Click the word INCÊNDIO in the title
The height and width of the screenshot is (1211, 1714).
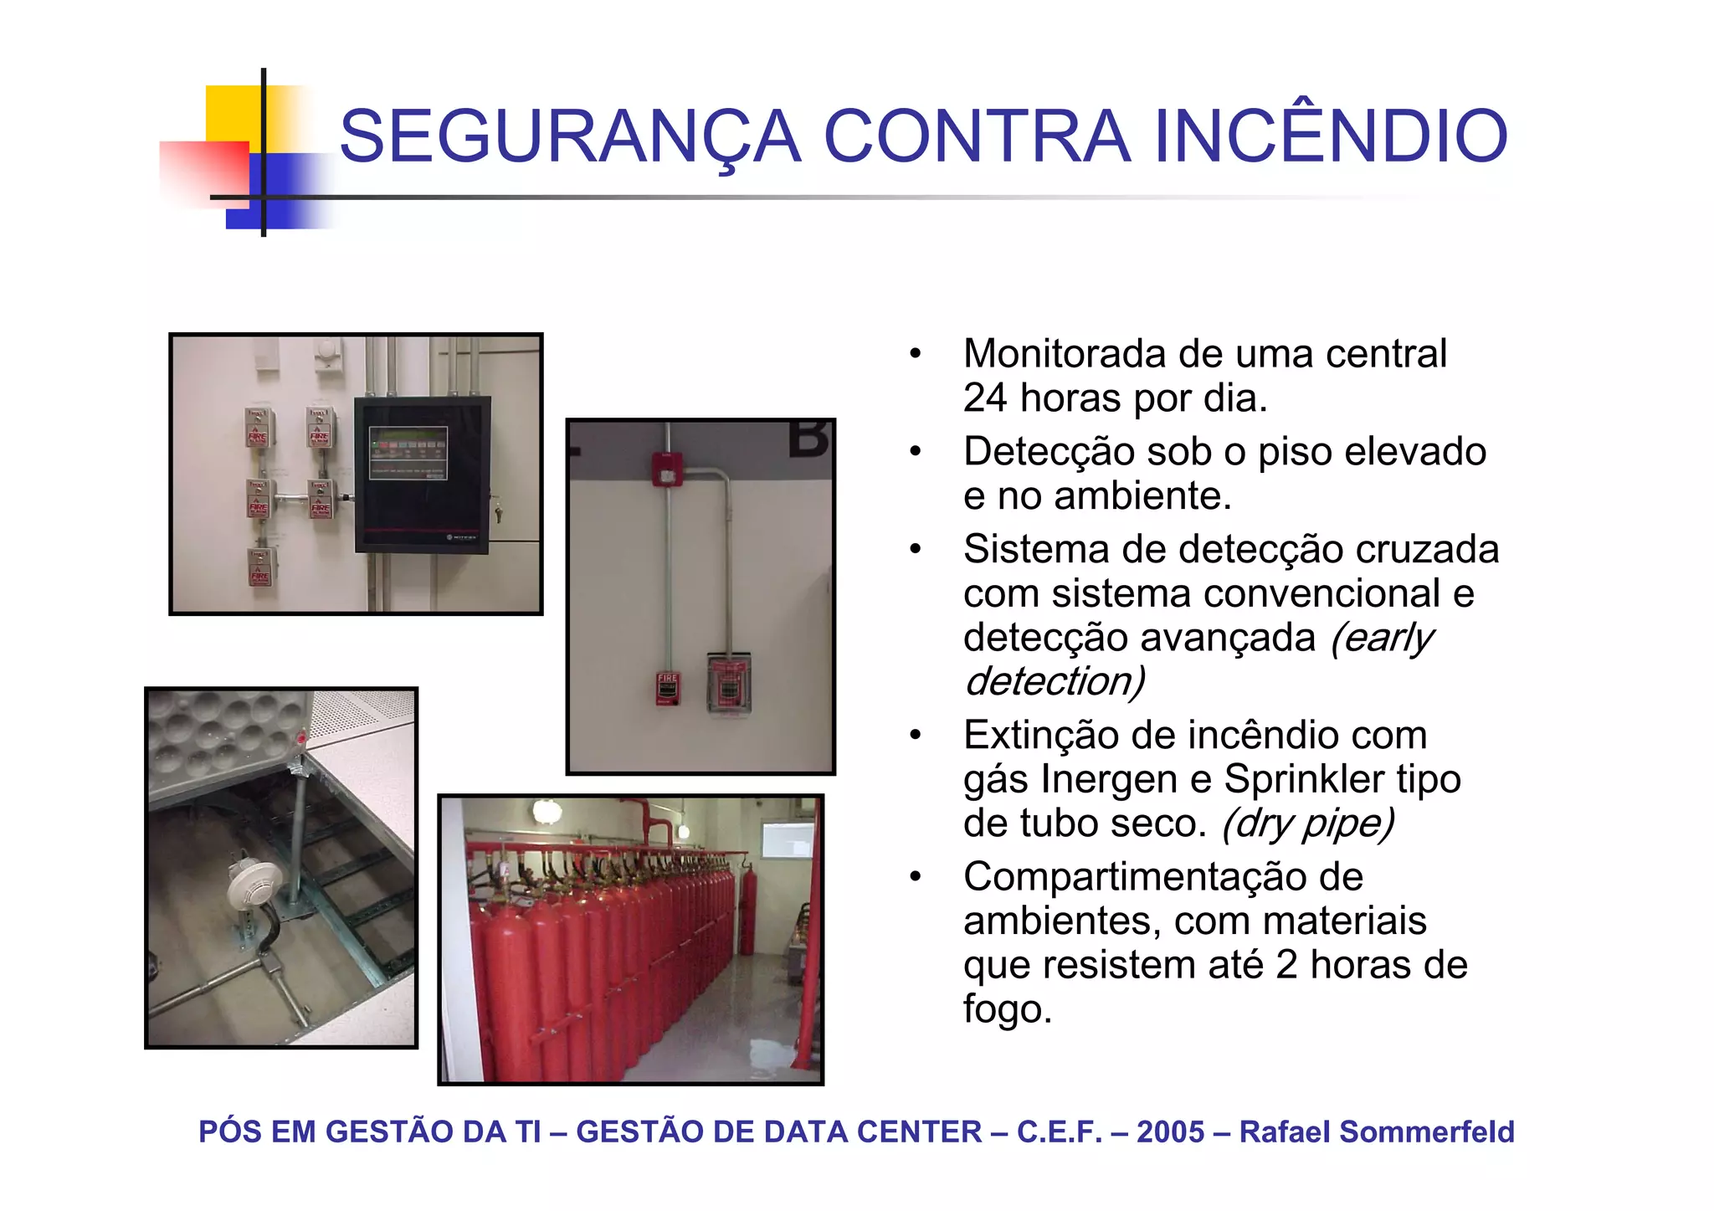point(1331,136)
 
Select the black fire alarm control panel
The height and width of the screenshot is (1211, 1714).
point(422,474)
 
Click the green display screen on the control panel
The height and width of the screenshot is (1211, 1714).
point(408,453)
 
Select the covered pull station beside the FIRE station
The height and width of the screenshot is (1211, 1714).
point(729,684)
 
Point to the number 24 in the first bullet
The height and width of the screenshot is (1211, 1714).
point(984,398)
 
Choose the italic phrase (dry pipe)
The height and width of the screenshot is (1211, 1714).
point(1308,824)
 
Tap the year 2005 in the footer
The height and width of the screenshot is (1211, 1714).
point(1170,1131)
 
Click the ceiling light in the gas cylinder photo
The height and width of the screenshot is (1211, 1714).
point(546,810)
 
